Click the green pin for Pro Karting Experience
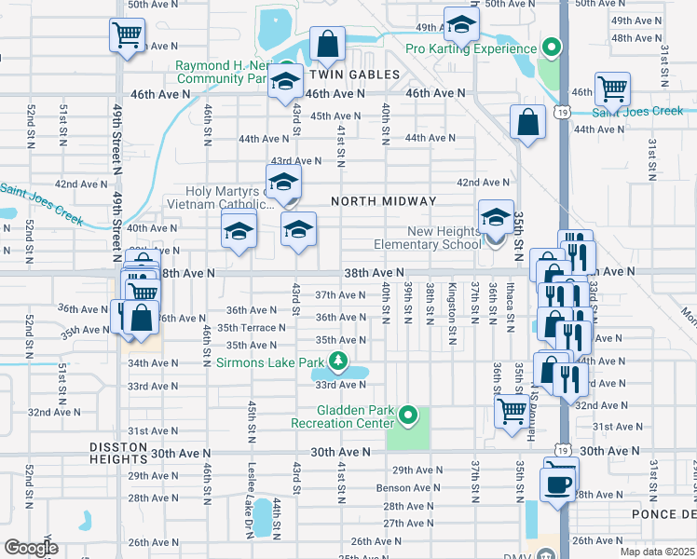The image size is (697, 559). point(551,48)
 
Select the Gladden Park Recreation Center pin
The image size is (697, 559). point(407,415)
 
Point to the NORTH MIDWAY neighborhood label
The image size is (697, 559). point(382,201)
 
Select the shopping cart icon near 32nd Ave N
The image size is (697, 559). point(511,411)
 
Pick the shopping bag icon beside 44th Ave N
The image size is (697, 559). point(527,122)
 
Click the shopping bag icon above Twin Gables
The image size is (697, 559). point(327,43)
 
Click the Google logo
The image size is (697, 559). point(31,548)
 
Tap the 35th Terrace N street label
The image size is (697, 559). point(252,328)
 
